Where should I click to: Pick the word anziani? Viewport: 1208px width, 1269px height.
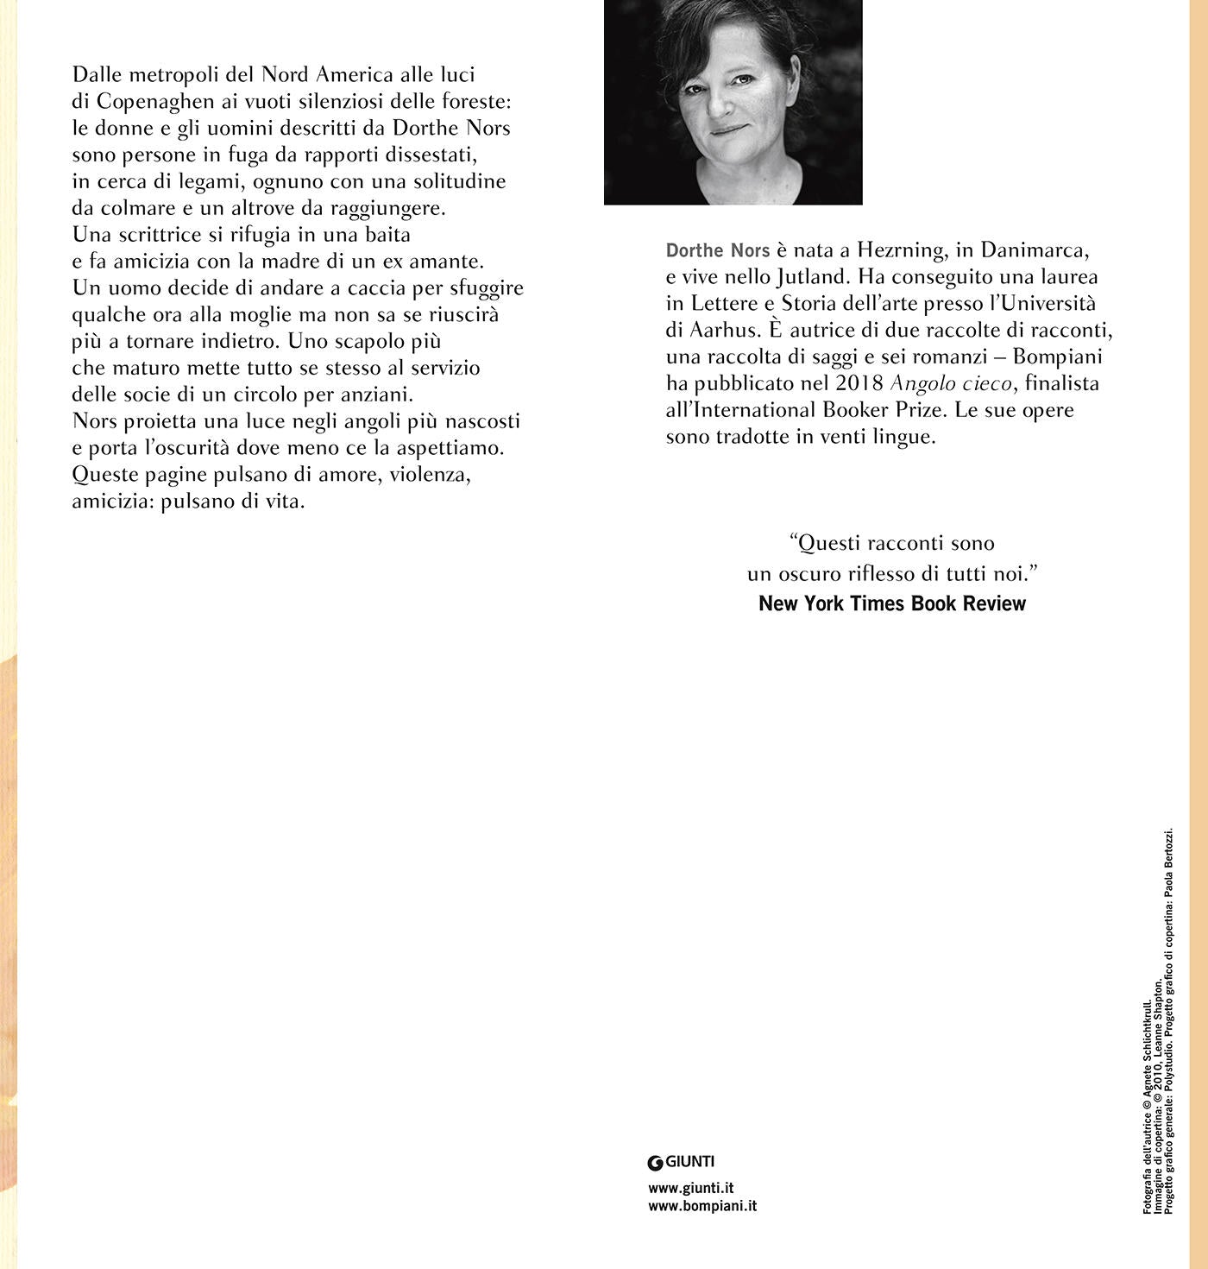pyautogui.click(x=377, y=395)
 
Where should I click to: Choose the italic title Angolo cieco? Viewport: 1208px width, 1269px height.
pyautogui.click(x=950, y=383)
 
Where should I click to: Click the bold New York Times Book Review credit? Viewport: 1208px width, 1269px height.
pyautogui.click(x=892, y=603)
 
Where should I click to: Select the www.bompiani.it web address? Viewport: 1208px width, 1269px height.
pyautogui.click(x=702, y=1206)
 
